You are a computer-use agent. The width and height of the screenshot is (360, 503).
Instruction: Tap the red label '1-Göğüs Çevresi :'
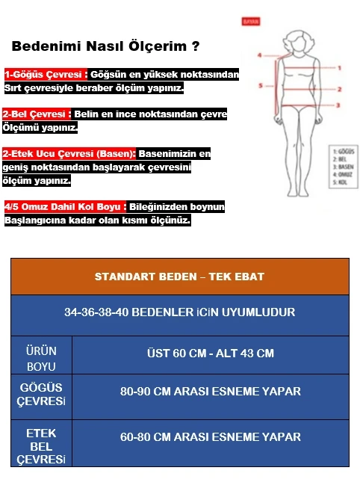tap(46, 75)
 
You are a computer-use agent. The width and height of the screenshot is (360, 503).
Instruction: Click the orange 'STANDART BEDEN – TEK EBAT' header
tap(179, 277)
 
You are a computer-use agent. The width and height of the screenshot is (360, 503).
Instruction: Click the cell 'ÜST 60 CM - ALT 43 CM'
tap(210, 353)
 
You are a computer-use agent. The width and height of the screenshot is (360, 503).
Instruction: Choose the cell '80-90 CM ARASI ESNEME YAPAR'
tap(210, 391)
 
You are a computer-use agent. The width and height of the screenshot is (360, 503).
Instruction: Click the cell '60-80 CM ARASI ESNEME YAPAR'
tap(210, 437)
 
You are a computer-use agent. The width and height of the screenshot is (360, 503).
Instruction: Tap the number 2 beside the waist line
tap(339, 90)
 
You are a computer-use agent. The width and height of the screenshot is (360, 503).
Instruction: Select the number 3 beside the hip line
tap(338, 106)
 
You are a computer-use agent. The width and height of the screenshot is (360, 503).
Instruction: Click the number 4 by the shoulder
tap(259, 55)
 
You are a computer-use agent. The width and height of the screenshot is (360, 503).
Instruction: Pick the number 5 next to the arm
tap(261, 86)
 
